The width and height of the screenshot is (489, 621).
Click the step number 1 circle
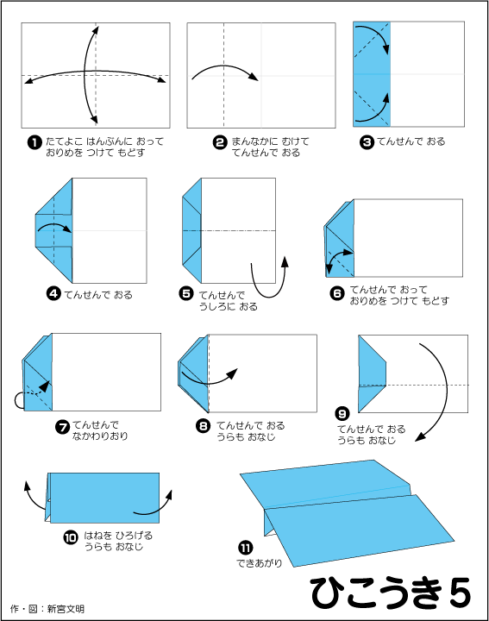(34, 142)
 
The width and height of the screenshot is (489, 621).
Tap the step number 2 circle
(220, 142)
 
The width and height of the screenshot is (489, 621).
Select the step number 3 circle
(367, 142)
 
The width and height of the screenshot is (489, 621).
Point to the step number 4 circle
(53, 294)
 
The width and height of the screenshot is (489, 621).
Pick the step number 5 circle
(186, 293)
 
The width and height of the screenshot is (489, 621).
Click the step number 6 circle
(337, 293)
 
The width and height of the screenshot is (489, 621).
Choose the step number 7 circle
(62, 427)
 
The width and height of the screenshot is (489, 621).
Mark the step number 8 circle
(204, 426)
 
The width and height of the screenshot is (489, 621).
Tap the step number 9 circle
(342, 414)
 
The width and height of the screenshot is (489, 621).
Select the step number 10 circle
(71, 537)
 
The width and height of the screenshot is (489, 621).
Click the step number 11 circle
(246, 549)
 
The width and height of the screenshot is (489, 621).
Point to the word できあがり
(260, 562)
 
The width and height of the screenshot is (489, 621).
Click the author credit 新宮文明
(66, 609)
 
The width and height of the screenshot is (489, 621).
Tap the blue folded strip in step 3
(372, 74)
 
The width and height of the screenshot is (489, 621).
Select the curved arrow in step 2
(224, 66)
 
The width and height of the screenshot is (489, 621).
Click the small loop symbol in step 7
(19, 400)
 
